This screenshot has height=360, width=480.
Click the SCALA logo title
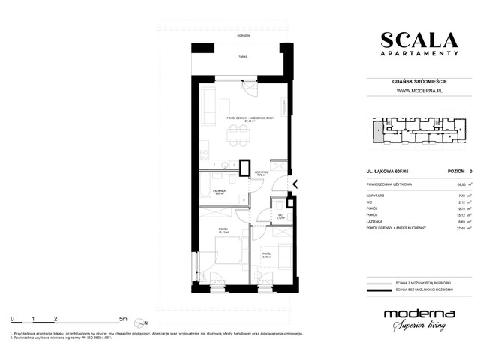pyautogui.click(x=418, y=40)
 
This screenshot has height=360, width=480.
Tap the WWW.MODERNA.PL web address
pyautogui.click(x=418, y=91)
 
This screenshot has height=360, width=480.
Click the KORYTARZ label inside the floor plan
pyautogui.click(x=261, y=172)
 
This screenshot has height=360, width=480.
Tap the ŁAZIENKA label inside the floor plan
pyautogui.click(x=220, y=191)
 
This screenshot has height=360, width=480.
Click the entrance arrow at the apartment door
pyautogui.click(x=295, y=184)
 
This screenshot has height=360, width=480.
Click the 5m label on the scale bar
pyautogui.click(x=123, y=318)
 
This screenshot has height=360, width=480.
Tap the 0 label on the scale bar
pyautogui.click(x=12, y=318)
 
